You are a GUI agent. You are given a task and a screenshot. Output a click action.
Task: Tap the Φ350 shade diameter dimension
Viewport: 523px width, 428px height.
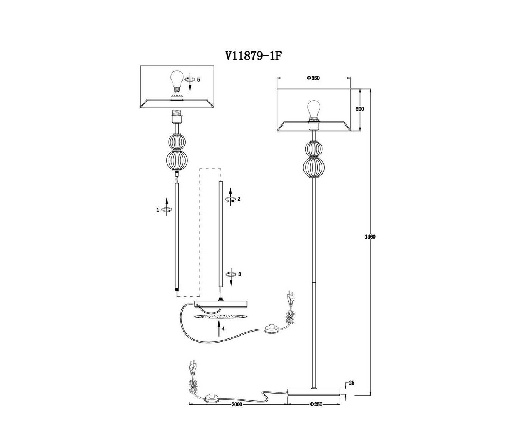pyautogui.click(x=313, y=78)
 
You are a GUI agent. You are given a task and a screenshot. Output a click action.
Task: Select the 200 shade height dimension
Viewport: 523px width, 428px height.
pyautogui.click(x=360, y=109)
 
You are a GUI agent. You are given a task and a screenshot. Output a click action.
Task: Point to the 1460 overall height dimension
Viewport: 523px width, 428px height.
pyautogui.click(x=370, y=237)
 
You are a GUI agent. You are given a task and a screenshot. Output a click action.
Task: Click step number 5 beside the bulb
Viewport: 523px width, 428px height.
pyautogui.click(x=198, y=80)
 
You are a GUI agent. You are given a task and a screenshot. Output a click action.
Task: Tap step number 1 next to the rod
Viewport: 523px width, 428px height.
pyautogui.click(x=158, y=210)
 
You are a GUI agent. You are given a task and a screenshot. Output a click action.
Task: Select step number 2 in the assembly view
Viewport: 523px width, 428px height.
pyautogui.click(x=239, y=199)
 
